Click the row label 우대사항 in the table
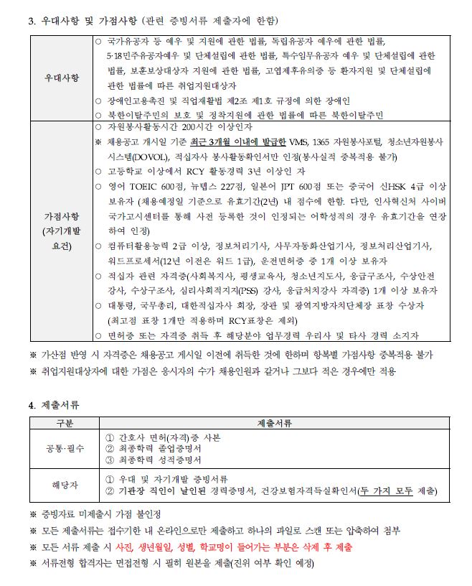pos(62,76)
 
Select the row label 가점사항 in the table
pos(62,215)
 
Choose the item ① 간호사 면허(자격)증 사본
pos(163,437)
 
